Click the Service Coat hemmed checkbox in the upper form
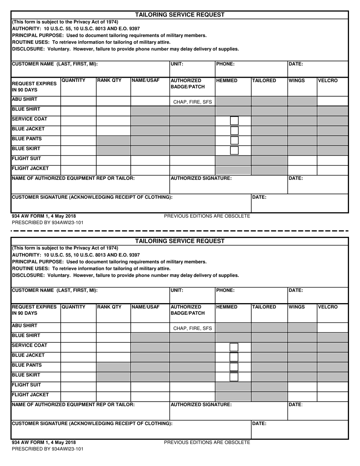click(235, 121)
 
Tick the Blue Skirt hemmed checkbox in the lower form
click(234, 377)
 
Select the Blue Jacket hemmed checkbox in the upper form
click(235, 131)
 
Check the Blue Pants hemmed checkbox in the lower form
click(234, 367)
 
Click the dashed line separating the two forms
click(180, 230)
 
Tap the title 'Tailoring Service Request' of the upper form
click(180, 15)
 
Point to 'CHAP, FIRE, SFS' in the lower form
click(193, 328)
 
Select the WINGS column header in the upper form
click(297, 81)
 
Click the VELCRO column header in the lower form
click(327, 307)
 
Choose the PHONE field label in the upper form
click(225, 64)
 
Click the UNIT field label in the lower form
click(177, 291)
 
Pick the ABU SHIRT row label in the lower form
click(25, 325)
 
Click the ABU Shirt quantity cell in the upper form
click(78, 101)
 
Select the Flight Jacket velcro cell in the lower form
click(332, 397)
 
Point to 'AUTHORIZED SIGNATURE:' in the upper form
click(201, 178)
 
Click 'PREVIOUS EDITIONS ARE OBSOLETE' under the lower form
click(207, 442)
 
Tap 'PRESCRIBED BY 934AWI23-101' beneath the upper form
click(48, 223)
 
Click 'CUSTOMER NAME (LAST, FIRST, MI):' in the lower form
click(55, 291)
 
